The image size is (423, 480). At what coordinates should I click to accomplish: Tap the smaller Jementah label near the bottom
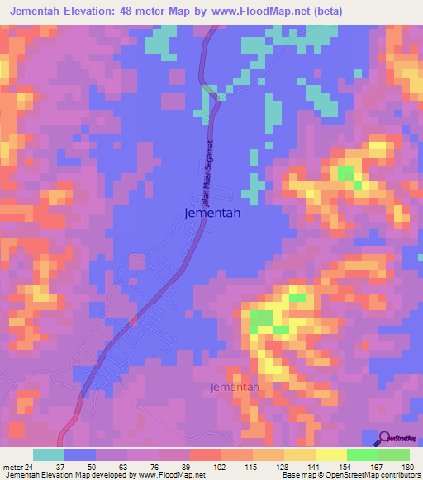pos(235,387)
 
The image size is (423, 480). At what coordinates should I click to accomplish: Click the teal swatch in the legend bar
pos(49,454)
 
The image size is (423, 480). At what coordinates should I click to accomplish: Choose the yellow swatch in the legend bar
pos(331,454)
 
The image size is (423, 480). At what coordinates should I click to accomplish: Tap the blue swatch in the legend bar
pos(80,454)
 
